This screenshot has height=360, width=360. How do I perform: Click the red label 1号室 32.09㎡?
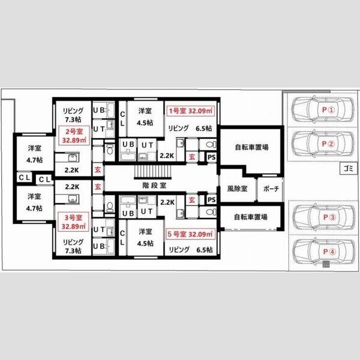click(x=190, y=111)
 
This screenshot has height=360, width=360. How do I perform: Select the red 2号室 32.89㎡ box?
click(x=74, y=136)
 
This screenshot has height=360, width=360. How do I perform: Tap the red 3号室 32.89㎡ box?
click(x=73, y=222)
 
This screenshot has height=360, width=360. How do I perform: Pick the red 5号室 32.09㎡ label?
click(x=190, y=234)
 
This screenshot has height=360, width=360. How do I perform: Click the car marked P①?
click(x=322, y=110)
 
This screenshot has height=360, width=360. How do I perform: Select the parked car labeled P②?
click(x=322, y=144)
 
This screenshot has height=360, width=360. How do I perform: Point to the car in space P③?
click(x=324, y=217)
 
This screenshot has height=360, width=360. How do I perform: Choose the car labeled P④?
click(x=324, y=251)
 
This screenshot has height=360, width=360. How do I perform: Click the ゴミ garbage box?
click(x=349, y=169)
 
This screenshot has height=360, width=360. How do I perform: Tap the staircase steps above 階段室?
click(x=153, y=172)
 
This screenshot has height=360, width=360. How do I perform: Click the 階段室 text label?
click(x=154, y=185)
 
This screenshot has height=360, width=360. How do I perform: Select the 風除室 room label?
click(x=237, y=189)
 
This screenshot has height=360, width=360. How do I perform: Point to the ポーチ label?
click(x=271, y=189)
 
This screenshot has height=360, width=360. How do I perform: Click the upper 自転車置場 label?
click(x=251, y=147)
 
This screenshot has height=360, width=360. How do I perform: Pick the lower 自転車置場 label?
click(x=251, y=217)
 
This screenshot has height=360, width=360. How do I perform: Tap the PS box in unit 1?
click(x=211, y=157)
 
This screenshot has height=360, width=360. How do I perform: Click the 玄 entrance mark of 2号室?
click(x=98, y=170)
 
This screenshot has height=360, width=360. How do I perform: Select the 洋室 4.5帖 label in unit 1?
click(x=145, y=117)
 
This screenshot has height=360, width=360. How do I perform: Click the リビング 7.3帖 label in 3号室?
click(x=73, y=246)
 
